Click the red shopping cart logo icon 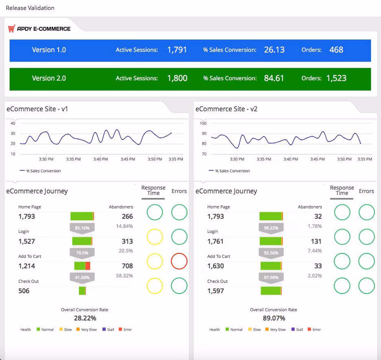pos(12,29)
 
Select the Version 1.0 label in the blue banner pos(49,50)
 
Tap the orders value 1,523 pos(336,78)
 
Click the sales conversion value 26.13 pos(274,50)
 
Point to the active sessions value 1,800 pos(177,78)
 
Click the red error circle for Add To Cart pos(179,261)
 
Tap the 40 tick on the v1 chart pos(13,123)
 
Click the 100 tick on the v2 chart pos(203,123)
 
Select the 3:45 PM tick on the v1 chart pos(128,159)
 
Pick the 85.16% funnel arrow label pos(82,228)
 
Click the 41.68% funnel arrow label pos(82,278)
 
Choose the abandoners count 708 pos(127,266)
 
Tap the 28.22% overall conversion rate pos(85,318)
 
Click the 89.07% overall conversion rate pos(274,318)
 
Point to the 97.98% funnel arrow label pos(271,278)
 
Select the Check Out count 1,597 pos(216,291)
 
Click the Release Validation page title pos(30,8)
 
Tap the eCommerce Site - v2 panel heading pos(226,109)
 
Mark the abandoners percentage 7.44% pos(315,251)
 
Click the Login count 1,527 pos(27,241)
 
